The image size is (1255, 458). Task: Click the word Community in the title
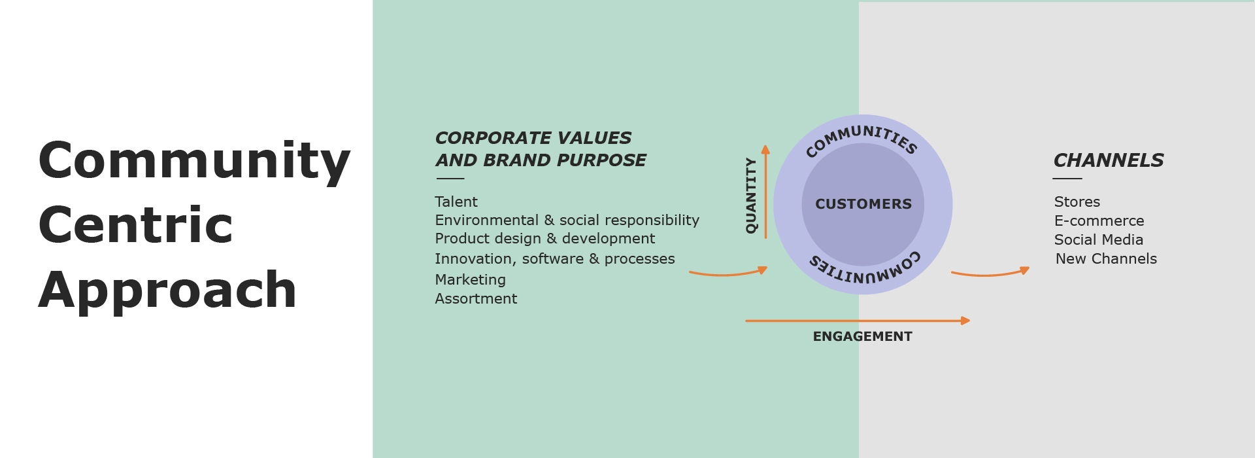coord(194,162)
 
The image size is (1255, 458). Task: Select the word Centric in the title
coord(135,225)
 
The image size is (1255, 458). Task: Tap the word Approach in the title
coord(167,291)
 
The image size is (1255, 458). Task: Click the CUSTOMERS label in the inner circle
coord(863,204)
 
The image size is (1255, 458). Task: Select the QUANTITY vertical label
coord(751,195)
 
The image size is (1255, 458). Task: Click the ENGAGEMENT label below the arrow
coord(862,336)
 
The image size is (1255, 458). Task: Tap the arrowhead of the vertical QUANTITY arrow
coord(765,149)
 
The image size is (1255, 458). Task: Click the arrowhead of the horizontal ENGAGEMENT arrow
coord(965,321)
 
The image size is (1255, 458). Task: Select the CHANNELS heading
coord(1109,160)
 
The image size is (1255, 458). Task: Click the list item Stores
coord(1077,202)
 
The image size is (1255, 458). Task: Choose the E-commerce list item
coord(1099,221)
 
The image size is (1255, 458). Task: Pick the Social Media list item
coord(1099,240)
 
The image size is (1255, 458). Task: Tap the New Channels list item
coord(1106,259)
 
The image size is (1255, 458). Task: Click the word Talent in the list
coord(456,202)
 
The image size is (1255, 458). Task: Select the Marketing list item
coord(471,280)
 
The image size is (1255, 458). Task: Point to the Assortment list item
coord(476,299)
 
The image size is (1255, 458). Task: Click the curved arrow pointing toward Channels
coord(990,274)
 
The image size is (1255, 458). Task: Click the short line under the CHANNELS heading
coord(1067,179)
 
